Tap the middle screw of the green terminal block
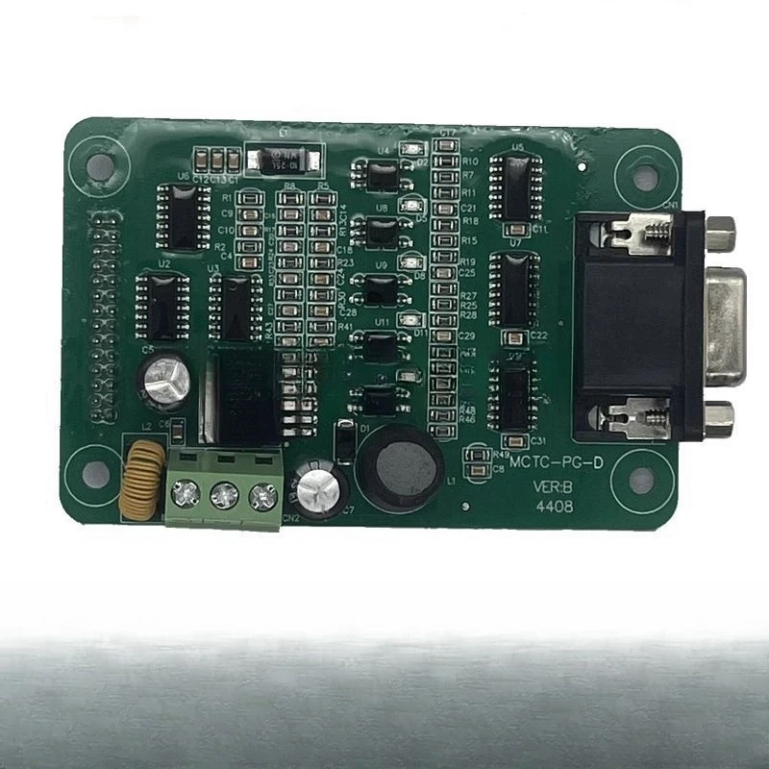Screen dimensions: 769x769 pos(223,495)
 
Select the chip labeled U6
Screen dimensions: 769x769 pos(183,214)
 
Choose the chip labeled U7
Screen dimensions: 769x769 pos(513,288)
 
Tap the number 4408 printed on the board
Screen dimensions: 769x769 pos(556,506)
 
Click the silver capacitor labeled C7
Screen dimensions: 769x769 pos(316,486)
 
